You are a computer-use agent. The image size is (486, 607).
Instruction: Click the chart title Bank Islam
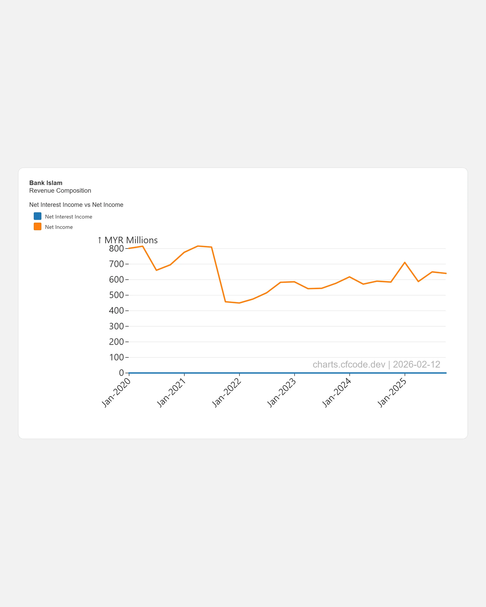46,183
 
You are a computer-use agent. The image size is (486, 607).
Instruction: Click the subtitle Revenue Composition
60,191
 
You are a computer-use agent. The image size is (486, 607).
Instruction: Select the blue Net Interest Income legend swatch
38,216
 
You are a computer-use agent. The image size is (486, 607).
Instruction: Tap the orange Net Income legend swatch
38,227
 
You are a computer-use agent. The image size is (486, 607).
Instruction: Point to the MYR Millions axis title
131,240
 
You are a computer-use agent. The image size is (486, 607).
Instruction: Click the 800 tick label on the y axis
116,249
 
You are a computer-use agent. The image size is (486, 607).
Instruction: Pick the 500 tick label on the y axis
116,295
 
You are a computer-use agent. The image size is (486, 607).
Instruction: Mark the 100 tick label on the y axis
116,357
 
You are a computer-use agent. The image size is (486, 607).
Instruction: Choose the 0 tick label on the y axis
121,373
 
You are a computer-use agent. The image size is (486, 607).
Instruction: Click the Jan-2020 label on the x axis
116,393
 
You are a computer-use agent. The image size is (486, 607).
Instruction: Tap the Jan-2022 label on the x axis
227,393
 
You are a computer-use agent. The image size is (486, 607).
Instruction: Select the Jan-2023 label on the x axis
282,393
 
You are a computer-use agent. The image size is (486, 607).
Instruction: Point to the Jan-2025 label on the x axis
392,393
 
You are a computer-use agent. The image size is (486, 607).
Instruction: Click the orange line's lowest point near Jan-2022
239,303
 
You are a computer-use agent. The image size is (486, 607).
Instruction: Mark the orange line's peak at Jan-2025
405,262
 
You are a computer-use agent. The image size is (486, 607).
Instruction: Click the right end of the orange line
446,273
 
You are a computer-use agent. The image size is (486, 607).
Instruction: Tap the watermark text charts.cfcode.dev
349,365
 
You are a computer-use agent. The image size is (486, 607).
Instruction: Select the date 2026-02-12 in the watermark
416,365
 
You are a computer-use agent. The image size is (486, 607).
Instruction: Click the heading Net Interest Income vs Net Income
76,205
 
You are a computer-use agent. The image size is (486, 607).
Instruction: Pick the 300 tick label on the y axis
116,326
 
